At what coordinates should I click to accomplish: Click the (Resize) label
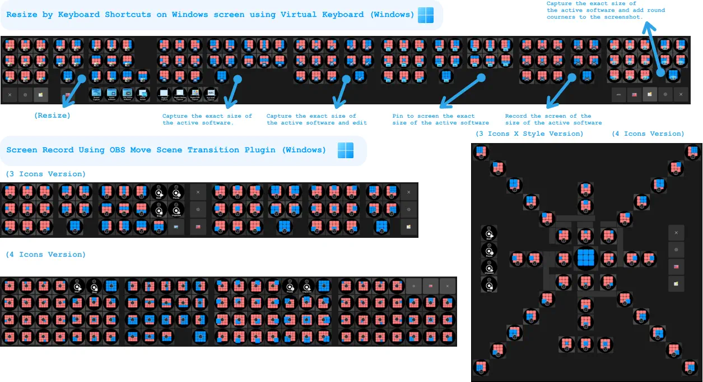click(x=52, y=115)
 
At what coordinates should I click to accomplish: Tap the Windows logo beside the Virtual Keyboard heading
click(x=426, y=15)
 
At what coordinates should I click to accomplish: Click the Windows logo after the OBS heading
click(x=346, y=150)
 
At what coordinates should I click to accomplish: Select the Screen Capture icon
click(x=96, y=94)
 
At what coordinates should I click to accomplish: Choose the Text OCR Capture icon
click(x=211, y=94)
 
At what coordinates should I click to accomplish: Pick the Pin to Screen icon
click(x=143, y=94)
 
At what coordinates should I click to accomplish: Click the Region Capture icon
click(x=164, y=94)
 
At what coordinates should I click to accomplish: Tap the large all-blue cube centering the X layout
click(x=585, y=258)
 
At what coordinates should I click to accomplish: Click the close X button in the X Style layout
click(x=676, y=233)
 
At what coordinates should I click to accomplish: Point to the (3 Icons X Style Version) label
click(x=529, y=134)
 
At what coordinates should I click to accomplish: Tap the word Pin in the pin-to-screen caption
click(x=398, y=116)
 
